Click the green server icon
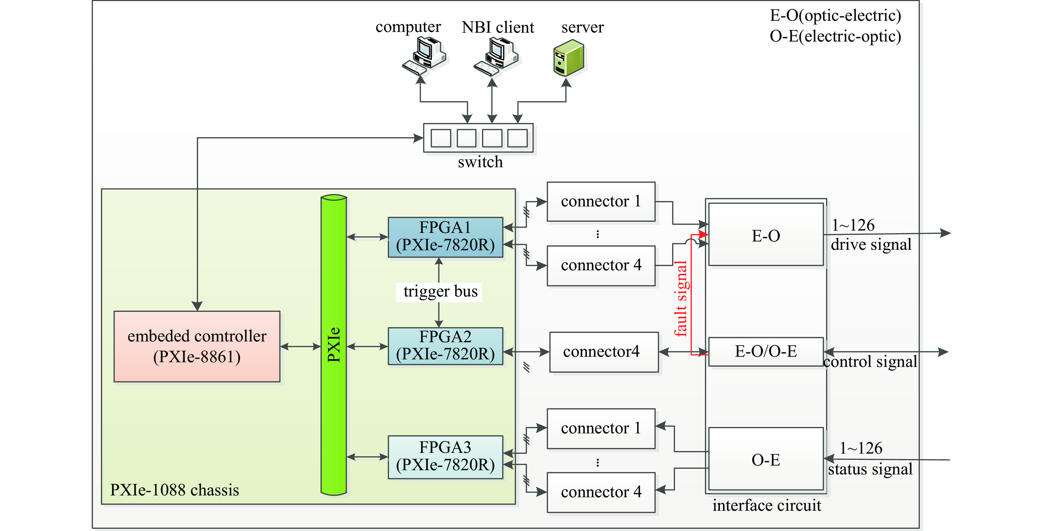click(x=569, y=58)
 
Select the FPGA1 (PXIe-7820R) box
click(x=445, y=237)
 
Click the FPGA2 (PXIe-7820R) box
click(x=445, y=346)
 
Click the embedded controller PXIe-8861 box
click(x=197, y=346)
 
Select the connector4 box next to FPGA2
click(x=603, y=352)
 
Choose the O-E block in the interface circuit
click(x=766, y=459)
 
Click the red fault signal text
click(x=681, y=299)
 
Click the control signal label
click(x=870, y=362)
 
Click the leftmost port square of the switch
click(x=440, y=138)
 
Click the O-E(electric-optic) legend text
click(x=835, y=36)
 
